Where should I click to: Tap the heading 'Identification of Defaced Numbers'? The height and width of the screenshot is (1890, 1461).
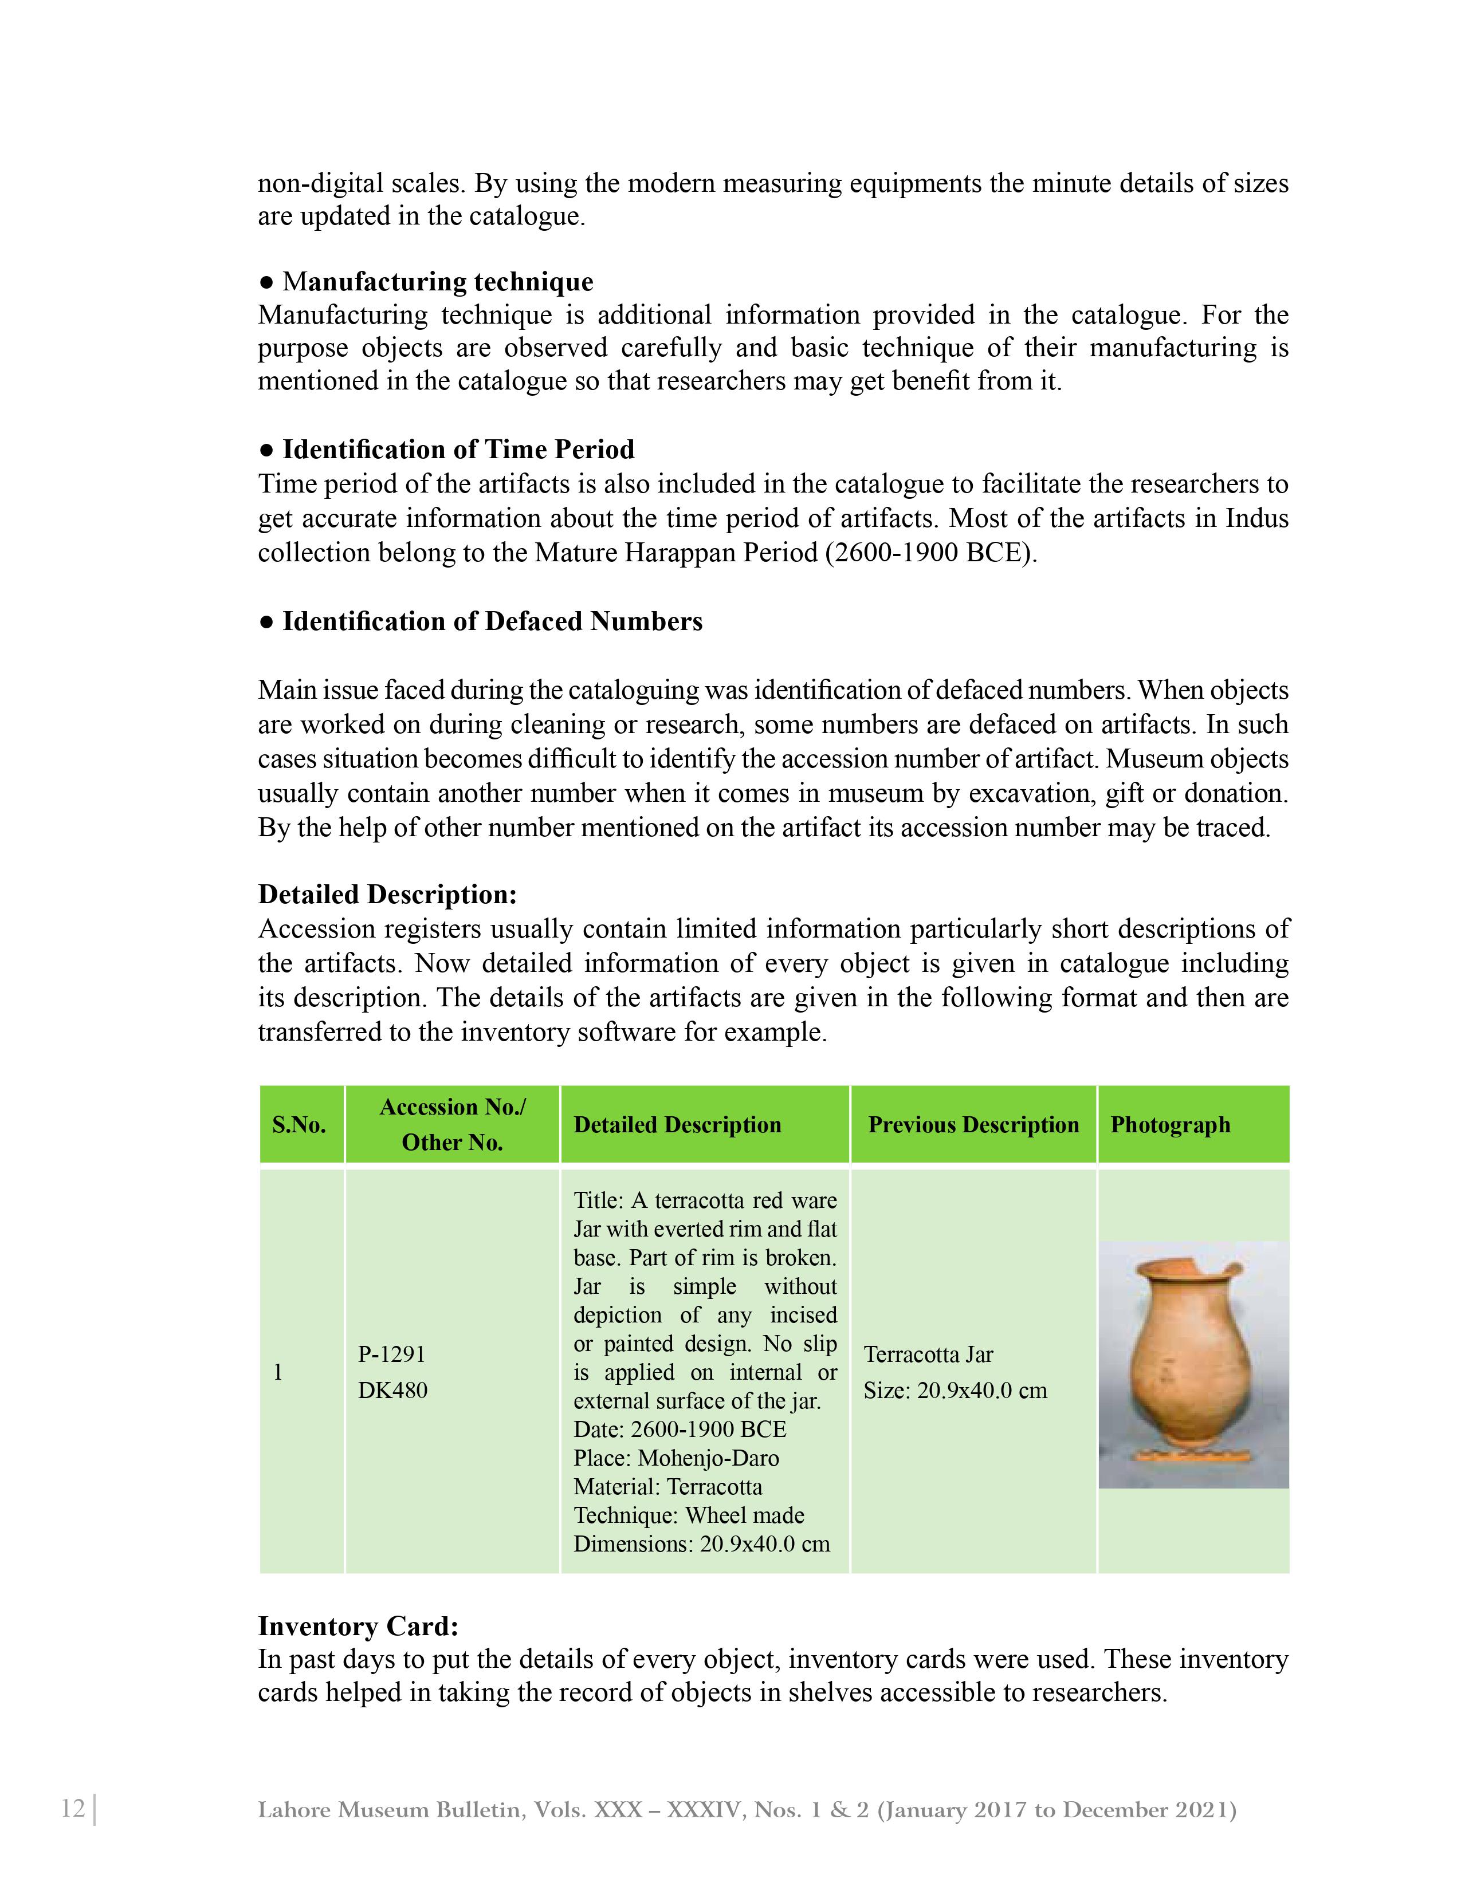(492, 621)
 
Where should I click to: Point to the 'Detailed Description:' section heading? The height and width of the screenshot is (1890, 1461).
(387, 894)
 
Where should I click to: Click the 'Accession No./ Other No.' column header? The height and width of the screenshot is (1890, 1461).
(452, 1124)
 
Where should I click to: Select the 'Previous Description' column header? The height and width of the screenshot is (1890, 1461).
(973, 1124)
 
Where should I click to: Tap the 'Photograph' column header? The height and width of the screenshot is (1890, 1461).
(1170, 1124)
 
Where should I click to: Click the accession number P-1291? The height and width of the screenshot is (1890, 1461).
(391, 1354)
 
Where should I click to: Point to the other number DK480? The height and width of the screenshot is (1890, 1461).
(393, 1390)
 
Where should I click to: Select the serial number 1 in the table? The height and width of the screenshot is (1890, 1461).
(278, 1372)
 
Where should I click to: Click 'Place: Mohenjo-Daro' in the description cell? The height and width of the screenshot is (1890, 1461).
(676, 1458)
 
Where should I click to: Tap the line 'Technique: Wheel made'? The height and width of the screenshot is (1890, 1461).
(688, 1515)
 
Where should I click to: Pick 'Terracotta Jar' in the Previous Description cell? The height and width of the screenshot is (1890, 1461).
(928, 1354)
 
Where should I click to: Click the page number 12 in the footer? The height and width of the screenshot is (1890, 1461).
(73, 1809)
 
